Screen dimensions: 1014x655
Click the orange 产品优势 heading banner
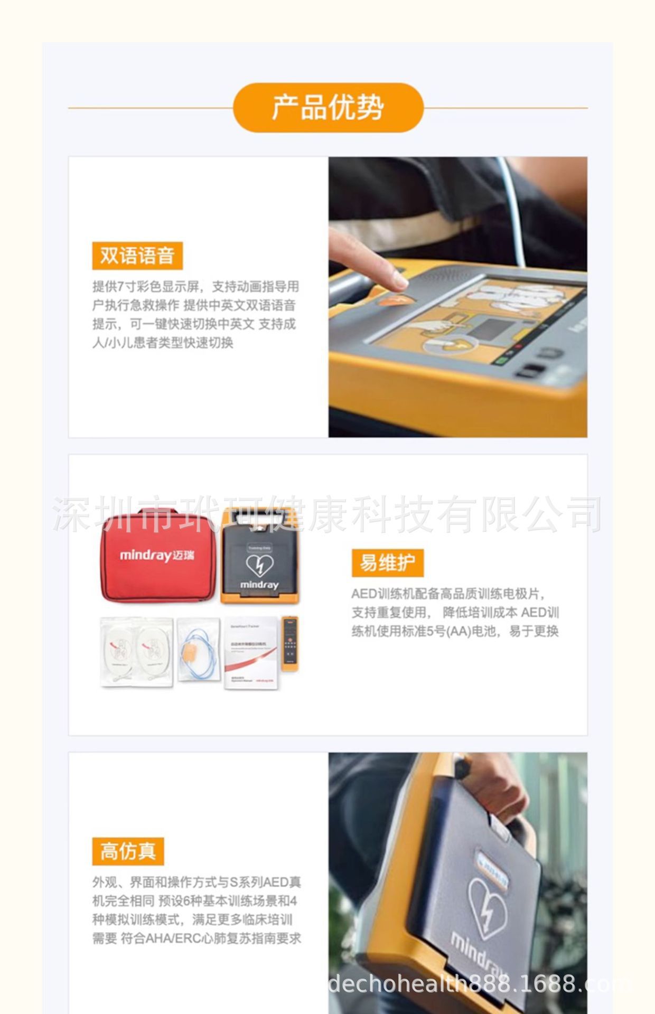[x=328, y=107]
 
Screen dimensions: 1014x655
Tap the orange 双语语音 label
[x=137, y=256]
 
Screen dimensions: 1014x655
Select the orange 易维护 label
[x=387, y=563]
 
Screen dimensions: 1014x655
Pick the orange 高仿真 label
[x=128, y=851]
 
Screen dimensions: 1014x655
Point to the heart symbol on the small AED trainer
[x=259, y=566]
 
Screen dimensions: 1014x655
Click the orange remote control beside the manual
[x=289, y=643]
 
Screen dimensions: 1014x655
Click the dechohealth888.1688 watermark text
[x=478, y=983]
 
